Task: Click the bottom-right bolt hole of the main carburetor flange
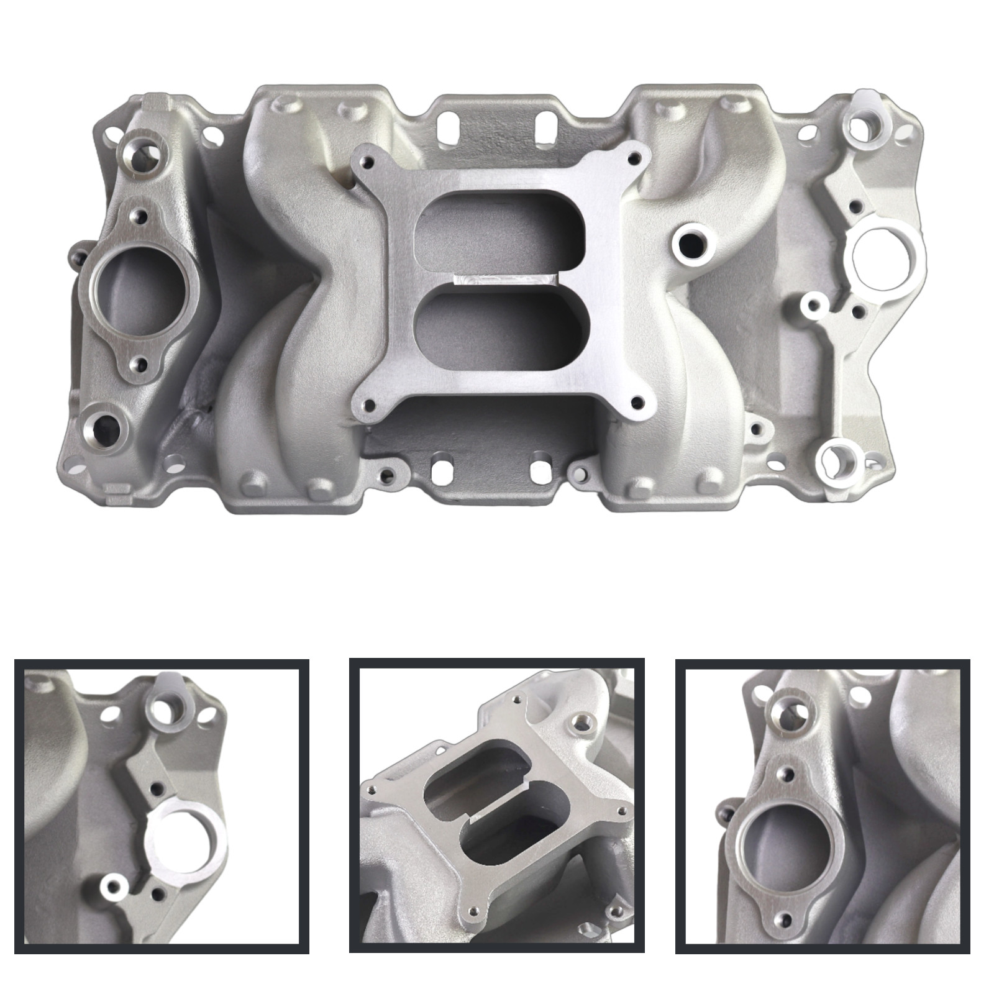(x=634, y=402)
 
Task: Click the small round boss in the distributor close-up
(x=113, y=885)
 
